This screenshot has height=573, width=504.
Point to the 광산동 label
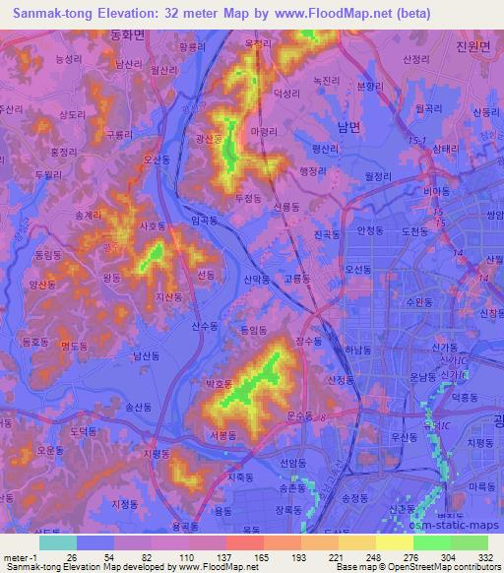211,140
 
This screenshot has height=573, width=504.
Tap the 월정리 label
379,174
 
